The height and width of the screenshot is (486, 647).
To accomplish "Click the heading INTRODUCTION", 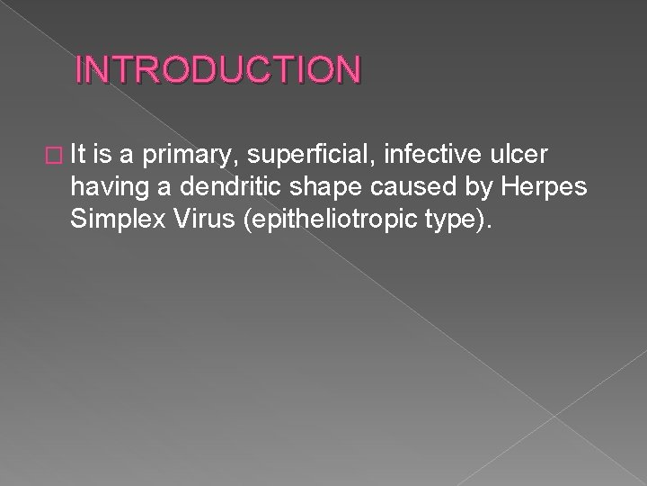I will click(x=218, y=70).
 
